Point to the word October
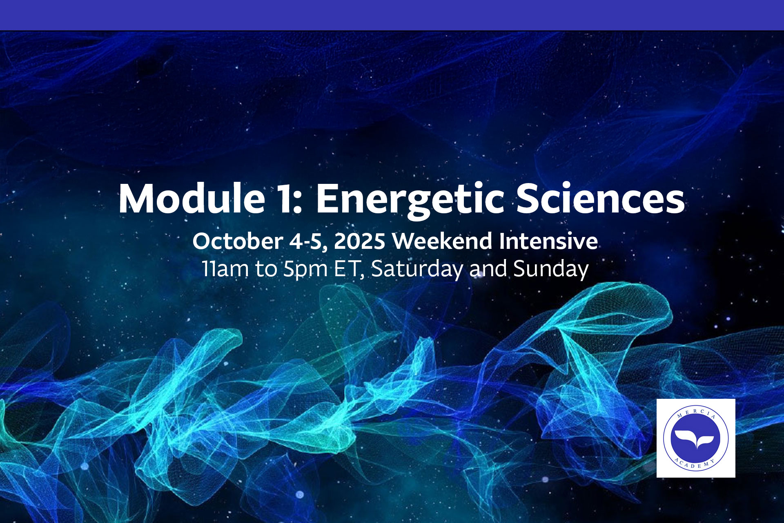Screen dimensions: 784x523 pos(237,241)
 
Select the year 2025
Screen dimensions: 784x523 pos(359,241)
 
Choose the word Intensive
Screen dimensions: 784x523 pos(548,241)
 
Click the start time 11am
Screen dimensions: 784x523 pos(225,269)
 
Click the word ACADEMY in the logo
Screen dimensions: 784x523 pos(696,464)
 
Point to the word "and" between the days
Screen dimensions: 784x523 pos(488,269)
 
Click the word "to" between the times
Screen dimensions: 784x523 pos(265,270)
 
